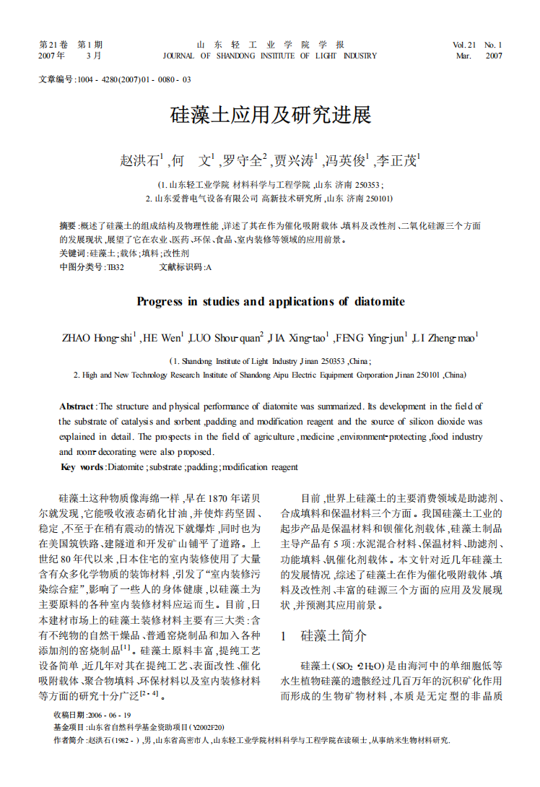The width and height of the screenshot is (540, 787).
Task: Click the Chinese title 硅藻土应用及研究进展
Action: pos(269,116)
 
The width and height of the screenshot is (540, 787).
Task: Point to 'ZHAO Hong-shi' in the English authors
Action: pos(97,337)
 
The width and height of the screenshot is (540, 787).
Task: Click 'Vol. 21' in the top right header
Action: pos(464,45)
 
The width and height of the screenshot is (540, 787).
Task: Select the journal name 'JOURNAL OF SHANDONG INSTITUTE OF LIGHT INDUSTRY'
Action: pos(269,56)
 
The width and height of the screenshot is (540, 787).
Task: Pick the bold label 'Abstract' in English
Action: pos(77,407)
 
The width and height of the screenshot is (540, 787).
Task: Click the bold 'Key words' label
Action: pos(82,467)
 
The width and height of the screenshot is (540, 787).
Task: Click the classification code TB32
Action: pos(116,267)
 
